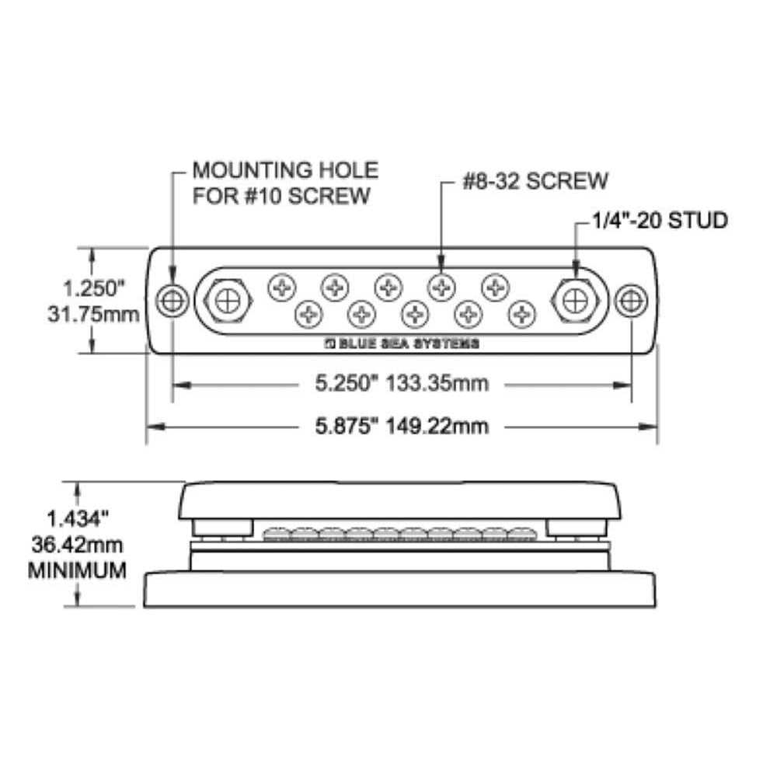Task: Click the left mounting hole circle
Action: click(172, 301)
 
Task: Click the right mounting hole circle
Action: click(630, 301)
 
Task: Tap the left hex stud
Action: click(226, 301)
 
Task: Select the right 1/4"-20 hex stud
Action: click(575, 301)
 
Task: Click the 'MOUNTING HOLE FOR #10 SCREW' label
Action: click(284, 183)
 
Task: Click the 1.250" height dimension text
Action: click(94, 288)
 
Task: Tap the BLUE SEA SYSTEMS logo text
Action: click(401, 343)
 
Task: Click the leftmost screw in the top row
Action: click(280, 288)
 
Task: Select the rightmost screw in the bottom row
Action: click(521, 314)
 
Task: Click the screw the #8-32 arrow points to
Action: click(441, 288)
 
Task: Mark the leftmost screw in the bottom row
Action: click(308, 314)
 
